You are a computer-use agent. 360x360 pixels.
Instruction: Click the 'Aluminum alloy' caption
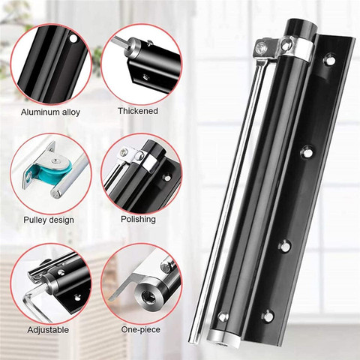(50, 112)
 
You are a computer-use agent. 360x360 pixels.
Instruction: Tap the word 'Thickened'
(138, 111)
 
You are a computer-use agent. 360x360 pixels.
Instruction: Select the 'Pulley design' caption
(49, 220)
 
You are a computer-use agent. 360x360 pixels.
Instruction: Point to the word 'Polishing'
(138, 219)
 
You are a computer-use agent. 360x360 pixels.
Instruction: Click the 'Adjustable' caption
(48, 330)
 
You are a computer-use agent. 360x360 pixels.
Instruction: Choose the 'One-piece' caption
(141, 329)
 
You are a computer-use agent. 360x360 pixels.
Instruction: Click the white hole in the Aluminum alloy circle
(73, 39)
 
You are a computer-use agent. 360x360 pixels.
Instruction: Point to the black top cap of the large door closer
(301, 28)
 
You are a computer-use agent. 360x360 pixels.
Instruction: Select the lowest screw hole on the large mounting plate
(268, 316)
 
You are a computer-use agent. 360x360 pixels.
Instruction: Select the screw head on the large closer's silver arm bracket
(262, 46)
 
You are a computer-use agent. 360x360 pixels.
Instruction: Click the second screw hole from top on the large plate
(307, 152)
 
